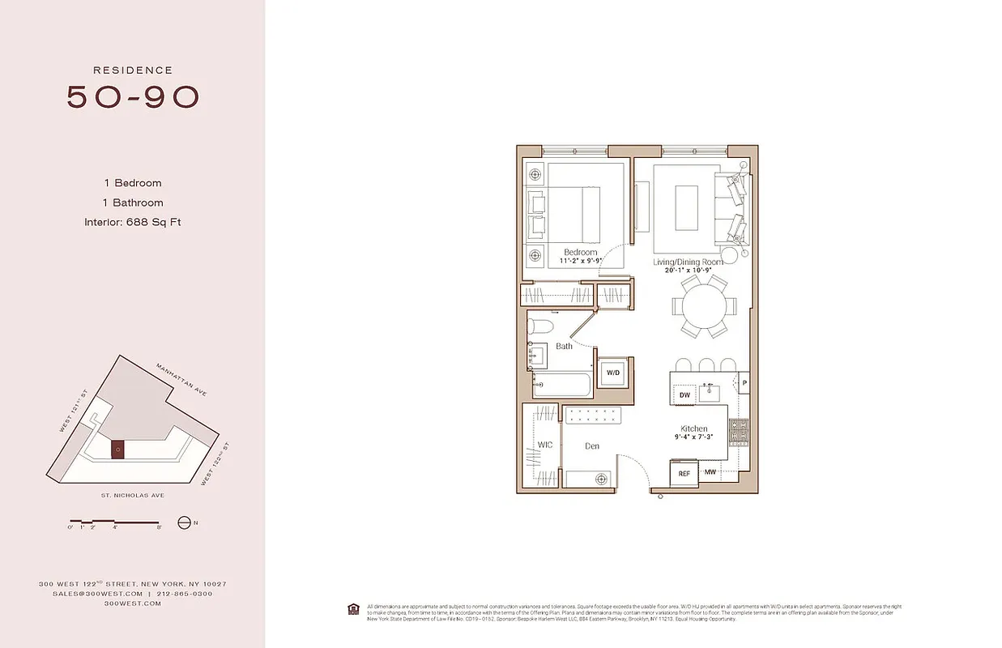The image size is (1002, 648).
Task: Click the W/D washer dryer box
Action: point(613,373)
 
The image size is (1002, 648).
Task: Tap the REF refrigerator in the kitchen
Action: point(683,473)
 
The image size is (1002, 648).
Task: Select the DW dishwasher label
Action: point(684,394)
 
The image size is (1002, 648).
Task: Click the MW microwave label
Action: point(710,471)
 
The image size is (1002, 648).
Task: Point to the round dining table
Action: point(704,307)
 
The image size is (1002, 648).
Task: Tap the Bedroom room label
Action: point(580,253)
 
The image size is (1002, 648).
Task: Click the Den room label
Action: point(593,446)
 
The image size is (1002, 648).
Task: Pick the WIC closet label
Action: point(544,445)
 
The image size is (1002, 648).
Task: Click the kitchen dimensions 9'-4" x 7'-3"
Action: point(694,438)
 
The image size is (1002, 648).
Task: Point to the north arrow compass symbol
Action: point(184,522)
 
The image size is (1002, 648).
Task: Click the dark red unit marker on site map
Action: point(118,450)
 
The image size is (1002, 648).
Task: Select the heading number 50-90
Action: point(133,96)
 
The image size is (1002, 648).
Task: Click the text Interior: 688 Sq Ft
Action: point(132,222)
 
